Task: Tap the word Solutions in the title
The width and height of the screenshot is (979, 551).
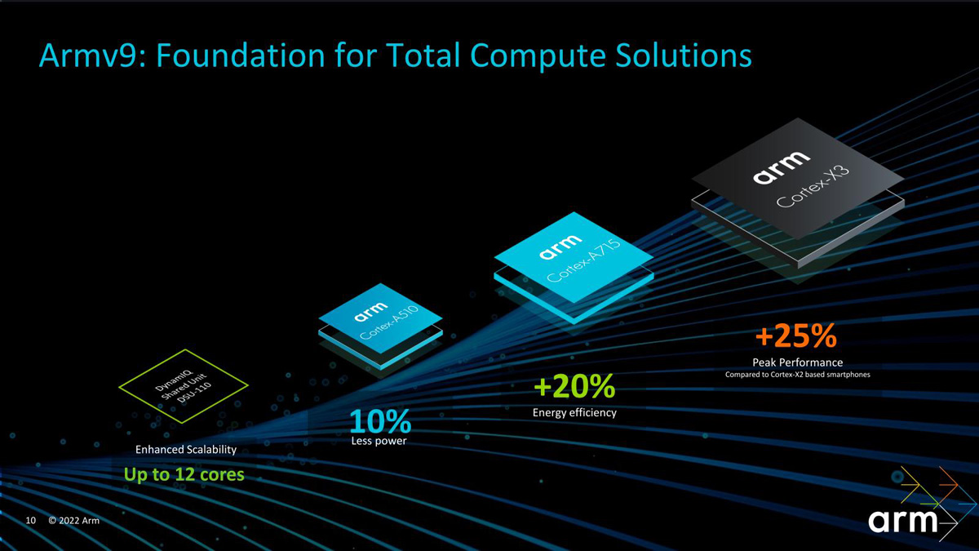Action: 683,56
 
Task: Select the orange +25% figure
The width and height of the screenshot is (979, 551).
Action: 796,335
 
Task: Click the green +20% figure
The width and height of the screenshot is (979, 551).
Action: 574,386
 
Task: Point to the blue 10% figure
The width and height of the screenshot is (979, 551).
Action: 380,421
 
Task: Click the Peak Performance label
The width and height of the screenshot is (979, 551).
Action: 798,362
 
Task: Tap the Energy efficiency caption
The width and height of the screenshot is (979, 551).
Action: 574,412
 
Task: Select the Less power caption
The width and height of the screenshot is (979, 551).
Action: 379,441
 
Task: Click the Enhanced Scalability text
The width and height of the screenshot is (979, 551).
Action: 186,450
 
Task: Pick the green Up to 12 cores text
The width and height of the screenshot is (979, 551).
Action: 184,474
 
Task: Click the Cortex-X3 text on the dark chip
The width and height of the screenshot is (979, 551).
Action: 813,186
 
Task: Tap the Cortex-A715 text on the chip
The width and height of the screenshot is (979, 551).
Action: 584,260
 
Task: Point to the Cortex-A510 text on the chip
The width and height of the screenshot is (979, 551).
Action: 389,322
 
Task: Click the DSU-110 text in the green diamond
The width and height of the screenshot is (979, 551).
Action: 194,393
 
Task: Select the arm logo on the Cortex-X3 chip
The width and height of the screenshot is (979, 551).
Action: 781,167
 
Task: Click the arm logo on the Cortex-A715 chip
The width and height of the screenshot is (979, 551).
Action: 560,247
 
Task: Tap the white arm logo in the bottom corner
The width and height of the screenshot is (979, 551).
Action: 903,521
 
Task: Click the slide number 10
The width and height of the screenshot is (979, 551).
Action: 31,521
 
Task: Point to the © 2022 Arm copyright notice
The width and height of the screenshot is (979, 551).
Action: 74,521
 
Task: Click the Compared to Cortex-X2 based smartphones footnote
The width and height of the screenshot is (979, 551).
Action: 798,375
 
